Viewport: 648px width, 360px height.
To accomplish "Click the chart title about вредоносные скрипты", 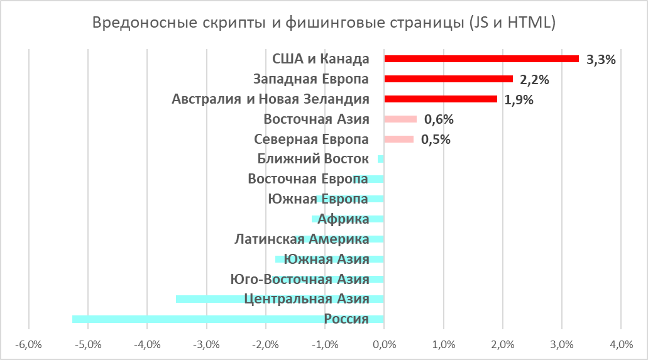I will [x=324, y=23].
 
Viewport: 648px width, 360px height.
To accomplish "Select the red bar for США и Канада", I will [x=481, y=58].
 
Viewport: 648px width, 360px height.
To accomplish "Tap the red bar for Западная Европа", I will [x=448, y=79].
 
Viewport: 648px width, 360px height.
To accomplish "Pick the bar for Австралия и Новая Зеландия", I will [x=440, y=99].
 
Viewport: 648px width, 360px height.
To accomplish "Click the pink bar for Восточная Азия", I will [x=400, y=119].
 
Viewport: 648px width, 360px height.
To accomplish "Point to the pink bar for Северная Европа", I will [x=398, y=139].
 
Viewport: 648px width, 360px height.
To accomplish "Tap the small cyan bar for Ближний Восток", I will [x=381, y=159].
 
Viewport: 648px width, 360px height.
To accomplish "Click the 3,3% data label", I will [x=600, y=60].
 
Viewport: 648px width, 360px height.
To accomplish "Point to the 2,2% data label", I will [x=535, y=80].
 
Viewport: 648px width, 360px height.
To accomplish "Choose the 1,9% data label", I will [x=519, y=100].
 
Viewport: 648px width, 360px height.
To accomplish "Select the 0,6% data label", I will [x=439, y=120].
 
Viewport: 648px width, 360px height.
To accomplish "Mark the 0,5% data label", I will [x=436, y=140].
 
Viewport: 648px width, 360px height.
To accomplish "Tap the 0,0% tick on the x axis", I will [x=384, y=344].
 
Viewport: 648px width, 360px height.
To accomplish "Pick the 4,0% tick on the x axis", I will [x=621, y=344].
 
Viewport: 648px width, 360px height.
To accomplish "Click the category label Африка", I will [x=343, y=219].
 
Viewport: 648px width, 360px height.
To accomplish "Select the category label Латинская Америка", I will [x=302, y=239].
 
